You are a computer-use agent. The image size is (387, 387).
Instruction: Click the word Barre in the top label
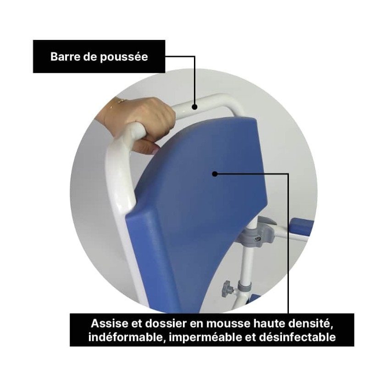(x=64, y=57)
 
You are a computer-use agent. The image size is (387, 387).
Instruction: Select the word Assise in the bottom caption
(x=106, y=323)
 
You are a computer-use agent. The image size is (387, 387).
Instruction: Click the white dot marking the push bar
(x=194, y=107)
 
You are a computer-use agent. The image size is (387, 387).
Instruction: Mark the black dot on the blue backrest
(x=215, y=173)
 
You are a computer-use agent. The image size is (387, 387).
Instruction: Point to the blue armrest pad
(x=300, y=227)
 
